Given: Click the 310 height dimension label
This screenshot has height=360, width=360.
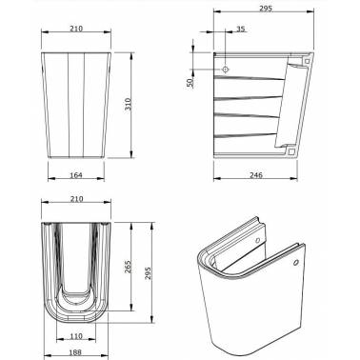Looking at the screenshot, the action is coord(128,105).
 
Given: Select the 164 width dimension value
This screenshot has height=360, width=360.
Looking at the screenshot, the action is coord(76,175).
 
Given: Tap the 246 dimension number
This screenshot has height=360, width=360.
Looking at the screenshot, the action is coord(256,175).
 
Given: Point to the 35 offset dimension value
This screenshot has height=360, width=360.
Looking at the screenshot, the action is coord(241,30).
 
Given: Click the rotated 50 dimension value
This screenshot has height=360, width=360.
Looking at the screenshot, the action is coord(190,83).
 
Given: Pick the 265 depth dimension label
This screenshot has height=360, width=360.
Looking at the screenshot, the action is coord(128,268).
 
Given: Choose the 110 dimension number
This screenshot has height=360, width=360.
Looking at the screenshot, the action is coord(76,336).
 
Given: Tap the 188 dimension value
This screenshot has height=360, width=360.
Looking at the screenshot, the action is coord(75,352).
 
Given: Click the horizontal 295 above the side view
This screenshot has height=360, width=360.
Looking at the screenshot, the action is coord(266,9).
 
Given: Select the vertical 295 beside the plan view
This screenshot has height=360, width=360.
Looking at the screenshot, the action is coord(149,272).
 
